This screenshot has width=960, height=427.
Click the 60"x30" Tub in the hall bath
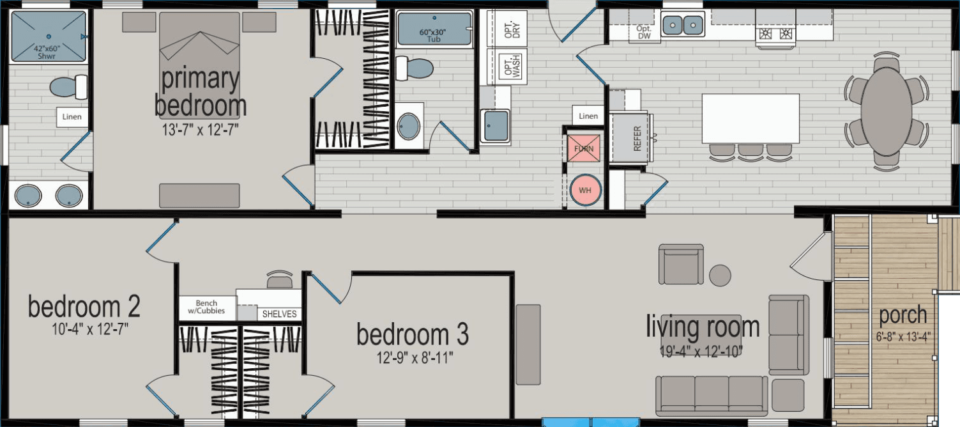pos(434,29)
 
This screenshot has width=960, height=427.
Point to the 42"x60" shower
pos(49,37)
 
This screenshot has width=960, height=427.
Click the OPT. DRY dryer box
pos(508,29)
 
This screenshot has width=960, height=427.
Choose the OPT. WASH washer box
pos(508,66)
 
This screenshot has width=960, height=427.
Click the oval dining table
pos(886,109)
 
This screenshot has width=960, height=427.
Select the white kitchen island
pos(750,119)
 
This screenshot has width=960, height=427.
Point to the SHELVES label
pos(280,314)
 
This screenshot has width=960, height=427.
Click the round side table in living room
pos(720,276)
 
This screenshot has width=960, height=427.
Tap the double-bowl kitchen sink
pos(683,26)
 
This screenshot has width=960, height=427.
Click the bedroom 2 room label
pos(84,307)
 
